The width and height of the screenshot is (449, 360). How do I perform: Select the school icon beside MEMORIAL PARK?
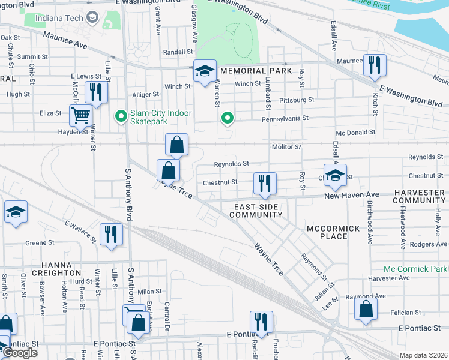205,71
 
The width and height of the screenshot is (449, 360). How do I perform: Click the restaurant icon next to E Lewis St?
96,92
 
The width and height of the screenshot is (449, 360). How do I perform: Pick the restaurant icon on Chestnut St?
264,183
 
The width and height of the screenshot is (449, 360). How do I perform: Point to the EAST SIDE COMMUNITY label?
256,211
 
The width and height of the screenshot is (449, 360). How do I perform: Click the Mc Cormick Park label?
415,269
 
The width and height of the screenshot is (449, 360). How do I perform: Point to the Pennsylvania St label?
284,119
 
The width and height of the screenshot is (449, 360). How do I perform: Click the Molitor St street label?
285,147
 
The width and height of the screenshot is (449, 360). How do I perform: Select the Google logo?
20,353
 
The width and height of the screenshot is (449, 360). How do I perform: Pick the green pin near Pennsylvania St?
226,118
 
